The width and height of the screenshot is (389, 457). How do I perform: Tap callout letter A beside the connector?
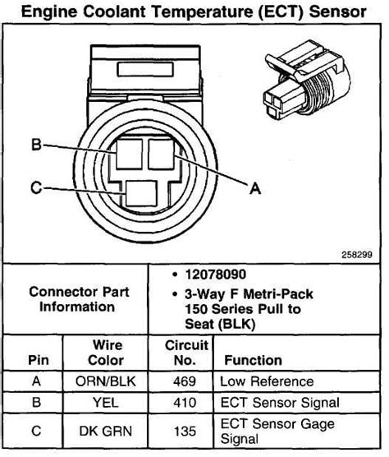(x=254, y=188)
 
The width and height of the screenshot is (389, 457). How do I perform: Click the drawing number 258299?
(x=357, y=254)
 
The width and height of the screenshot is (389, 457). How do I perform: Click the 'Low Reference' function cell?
(x=267, y=381)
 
